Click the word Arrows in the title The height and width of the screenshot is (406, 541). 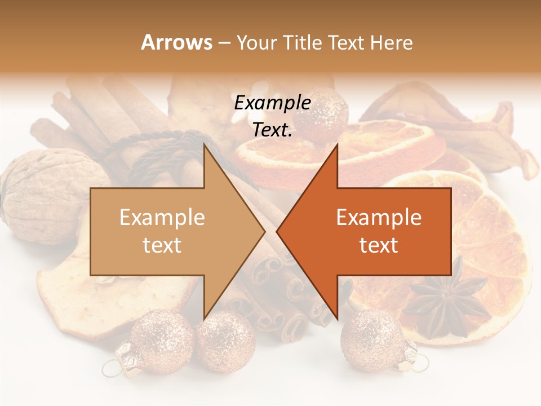tap(176, 42)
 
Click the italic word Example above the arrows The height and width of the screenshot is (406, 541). tap(272, 103)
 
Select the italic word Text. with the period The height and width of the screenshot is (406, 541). tap(272, 130)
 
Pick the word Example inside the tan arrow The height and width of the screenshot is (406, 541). tap(162, 218)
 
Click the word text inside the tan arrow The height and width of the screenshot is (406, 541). tap(162, 245)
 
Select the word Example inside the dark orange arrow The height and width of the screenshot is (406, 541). tap(379, 218)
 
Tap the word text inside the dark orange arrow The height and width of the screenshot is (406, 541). tap(379, 245)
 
